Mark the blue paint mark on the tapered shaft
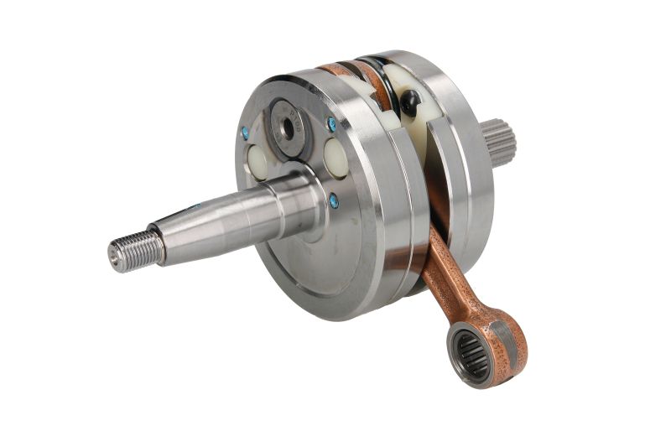coord(195,206)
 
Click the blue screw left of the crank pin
coord(245,133)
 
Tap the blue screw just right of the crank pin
coord(332,124)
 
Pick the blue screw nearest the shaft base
coord(334,200)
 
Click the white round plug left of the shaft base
coord(257,159)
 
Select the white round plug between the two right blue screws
coord(335,157)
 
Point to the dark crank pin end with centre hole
coord(287,128)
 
